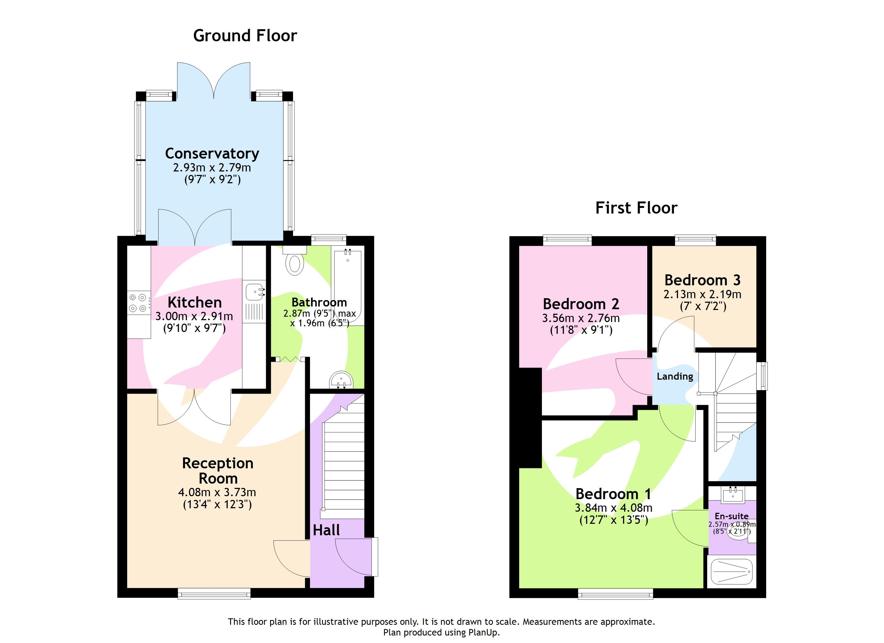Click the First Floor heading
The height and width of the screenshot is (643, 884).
point(636,208)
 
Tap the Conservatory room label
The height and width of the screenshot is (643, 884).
point(212,153)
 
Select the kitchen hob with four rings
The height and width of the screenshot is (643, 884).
point(138,302)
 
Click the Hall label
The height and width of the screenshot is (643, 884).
point(326,530)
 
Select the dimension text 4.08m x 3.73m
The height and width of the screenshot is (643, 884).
point(217,492)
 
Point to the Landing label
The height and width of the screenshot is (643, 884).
point(675,376)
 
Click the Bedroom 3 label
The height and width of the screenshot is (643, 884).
point(702,280)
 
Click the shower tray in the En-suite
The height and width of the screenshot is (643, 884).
point(732,572)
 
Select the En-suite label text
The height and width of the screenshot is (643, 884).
point(731,516)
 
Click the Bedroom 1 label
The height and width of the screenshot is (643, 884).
point(613,494)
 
